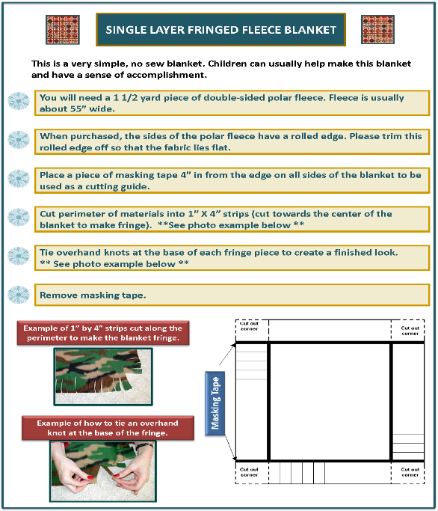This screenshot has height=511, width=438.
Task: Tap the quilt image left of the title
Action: pyautogui.click(x=63, y=30)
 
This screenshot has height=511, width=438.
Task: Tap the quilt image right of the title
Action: pyautogui.click(x=377, y=29)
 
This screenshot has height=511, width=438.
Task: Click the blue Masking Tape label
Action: pyautogui.click(x=215, y=403)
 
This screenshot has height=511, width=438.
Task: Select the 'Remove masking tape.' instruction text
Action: pyautogui.click(x=93, y=296)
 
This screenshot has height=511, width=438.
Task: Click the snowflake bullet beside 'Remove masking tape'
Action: pyautogui.click(x=19, y=295)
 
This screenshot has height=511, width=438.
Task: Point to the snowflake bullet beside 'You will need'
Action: pyautogui.click(x=19, y=101)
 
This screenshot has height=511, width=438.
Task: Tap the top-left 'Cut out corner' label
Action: pyautogui.click(x=249, y=326)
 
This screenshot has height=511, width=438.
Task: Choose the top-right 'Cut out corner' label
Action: pyautogui.click(x=410, y=331)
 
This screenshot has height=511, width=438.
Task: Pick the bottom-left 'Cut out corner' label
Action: pyautogui.click(x=249, y=472)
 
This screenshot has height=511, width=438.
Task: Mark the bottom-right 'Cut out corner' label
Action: pyautogui.click(x=410, y=472)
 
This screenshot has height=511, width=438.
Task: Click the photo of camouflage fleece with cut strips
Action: pyautogui.click(x=103, y=376)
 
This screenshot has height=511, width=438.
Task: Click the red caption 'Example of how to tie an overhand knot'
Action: pyautogui.click(x=108, y=428)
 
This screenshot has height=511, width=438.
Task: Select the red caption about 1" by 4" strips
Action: pyautogui.click(x=103, y=333)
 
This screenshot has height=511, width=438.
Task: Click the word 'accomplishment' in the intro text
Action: pyautogui.click(x=167, y=76)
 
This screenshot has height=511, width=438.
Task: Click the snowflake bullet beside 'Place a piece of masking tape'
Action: pyautogui.click(x=19, y=179)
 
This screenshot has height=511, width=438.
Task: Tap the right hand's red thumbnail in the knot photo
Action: pyautogui.click(x=117, y=476)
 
